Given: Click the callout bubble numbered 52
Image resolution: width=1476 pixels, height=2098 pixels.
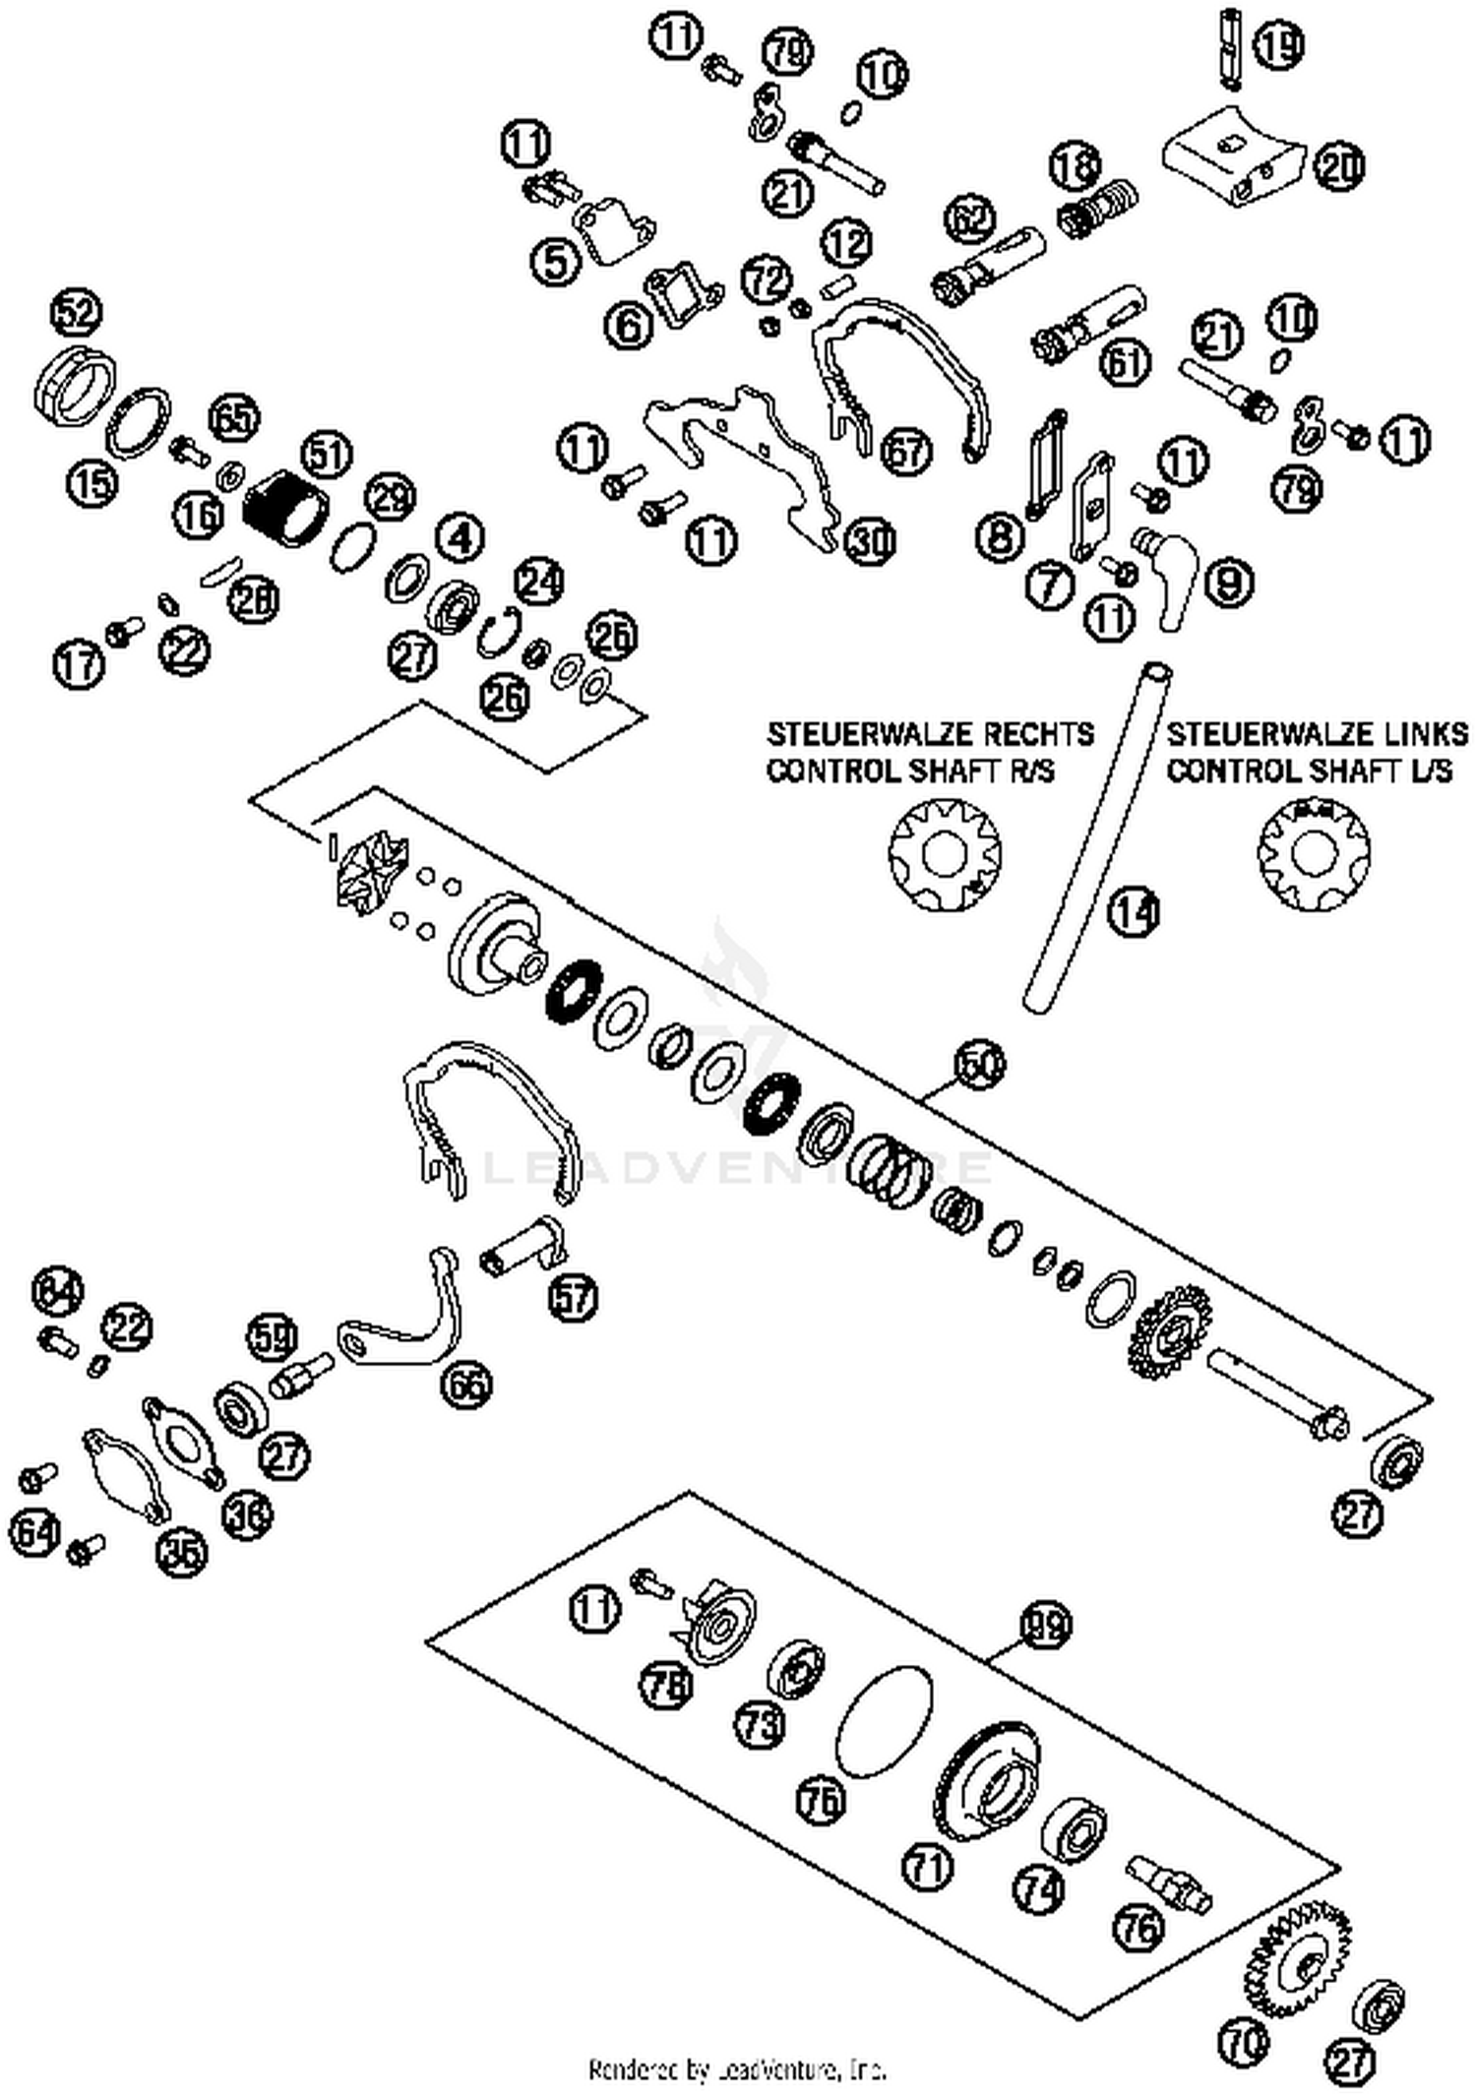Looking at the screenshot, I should (x=76, y=314).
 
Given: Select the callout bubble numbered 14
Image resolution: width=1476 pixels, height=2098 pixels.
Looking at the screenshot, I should (x=1133, y=912).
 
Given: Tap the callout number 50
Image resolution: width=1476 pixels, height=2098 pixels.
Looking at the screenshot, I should (x=980, y=1064).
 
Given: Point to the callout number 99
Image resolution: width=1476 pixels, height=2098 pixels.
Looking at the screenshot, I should (x=1046, y=1625).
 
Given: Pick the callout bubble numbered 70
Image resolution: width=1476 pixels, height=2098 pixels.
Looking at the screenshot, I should (x=1243, y=2044).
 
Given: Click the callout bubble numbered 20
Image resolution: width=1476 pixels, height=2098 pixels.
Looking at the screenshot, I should (x=1338, y=167).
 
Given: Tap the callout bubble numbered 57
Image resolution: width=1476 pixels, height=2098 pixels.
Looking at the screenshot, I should (x=574, y=1296).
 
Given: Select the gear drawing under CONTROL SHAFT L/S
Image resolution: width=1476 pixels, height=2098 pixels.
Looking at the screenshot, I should (x=1314, y=850).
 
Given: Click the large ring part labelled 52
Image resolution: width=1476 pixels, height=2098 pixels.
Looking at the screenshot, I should (x=74, y=387).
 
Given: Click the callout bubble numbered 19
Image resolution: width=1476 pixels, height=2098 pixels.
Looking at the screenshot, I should (x=1280, y=45).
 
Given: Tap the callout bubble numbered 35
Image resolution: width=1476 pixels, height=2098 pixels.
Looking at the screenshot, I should (x=183, y=1552).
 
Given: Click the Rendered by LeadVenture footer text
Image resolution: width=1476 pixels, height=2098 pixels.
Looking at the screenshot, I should (x=737, y=2069).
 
